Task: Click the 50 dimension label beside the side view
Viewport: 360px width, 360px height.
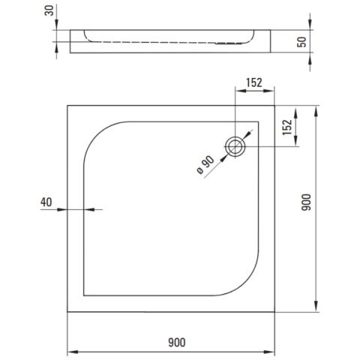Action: (x=303, y=42)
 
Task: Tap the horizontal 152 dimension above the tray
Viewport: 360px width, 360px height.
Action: (x=253, y=83)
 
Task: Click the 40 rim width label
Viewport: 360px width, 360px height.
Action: (x=46, y=201)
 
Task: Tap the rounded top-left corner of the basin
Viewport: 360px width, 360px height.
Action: (x=94, y=135)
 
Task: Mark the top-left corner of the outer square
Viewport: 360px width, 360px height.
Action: (x=68, y=105)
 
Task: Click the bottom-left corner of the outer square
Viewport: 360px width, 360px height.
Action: (x=68, y=312)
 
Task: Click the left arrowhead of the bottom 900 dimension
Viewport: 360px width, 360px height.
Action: (x=72, y=351)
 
